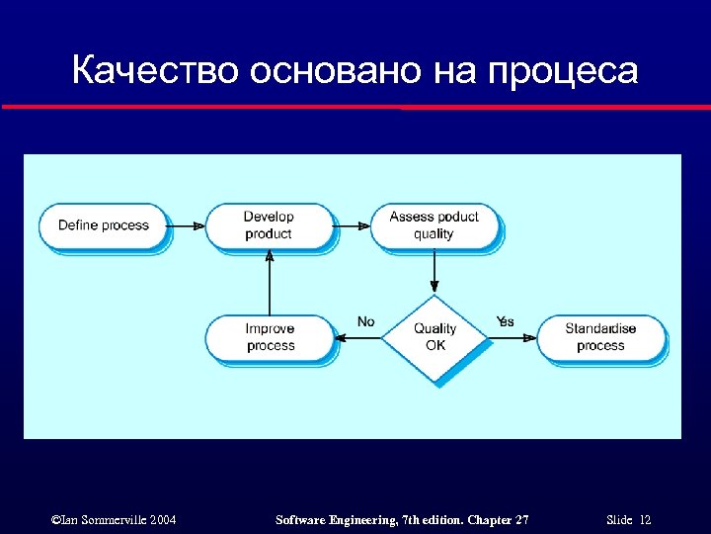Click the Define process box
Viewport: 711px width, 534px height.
point(103,225)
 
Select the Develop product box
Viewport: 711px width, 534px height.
point(269,225)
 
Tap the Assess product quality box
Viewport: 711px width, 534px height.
point(434,225)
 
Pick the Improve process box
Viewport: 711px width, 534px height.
point(270,337)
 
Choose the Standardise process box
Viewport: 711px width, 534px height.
point(600,337)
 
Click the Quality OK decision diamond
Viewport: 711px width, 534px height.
point(434,337)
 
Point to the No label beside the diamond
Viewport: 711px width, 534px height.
point(365,321)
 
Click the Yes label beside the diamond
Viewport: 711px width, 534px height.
point(505,321)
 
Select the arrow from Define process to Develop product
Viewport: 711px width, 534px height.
point(187,225)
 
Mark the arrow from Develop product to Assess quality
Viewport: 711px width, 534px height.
point(353,225)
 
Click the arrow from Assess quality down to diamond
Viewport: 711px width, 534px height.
point(434,272)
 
